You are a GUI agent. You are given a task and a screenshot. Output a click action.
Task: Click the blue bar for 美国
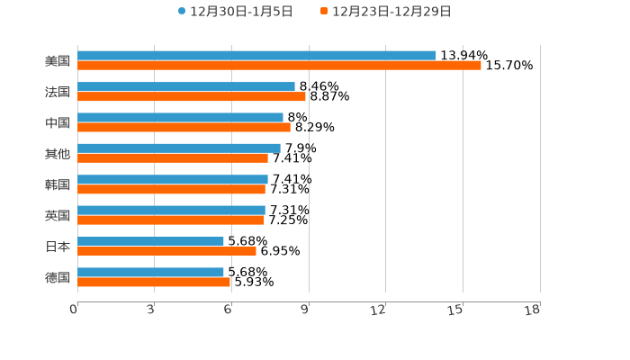click(x=256, y=56)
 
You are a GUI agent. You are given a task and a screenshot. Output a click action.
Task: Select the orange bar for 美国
click(x=279, y=66)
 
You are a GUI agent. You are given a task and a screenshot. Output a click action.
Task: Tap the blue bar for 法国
click(x=186, y=87)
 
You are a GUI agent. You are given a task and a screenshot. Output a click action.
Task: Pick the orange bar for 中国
click(x=184, y=128)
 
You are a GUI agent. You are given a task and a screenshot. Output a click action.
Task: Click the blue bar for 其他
click(x=179, y=148)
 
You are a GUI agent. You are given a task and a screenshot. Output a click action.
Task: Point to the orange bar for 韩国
click(x=171, y=190)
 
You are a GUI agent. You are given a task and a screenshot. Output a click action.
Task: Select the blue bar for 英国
click(x=171, y=211)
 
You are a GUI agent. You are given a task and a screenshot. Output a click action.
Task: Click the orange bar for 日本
click(x=166, y=251)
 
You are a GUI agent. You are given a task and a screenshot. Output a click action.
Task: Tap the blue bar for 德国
click(x=150, y=272)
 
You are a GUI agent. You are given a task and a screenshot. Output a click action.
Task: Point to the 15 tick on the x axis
click(x=456, y=310)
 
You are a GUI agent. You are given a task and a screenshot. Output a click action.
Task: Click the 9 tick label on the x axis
click(x=305, y=310)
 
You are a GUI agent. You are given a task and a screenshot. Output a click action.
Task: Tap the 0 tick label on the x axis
click(x=74, y=310)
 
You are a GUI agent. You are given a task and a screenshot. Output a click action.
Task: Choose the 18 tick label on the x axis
click(x=533, y=310)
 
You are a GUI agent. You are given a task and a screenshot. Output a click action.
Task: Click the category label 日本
click(x=58, y=247)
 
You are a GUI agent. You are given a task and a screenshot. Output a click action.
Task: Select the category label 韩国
click(x=58, y=184)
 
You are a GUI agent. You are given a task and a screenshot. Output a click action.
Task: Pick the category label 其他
click(x=58, y=154)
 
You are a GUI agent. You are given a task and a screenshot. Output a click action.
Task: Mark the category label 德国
click(x=58, y=277)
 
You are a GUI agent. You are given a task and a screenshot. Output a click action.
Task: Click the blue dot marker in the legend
click(x=182, y=12)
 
